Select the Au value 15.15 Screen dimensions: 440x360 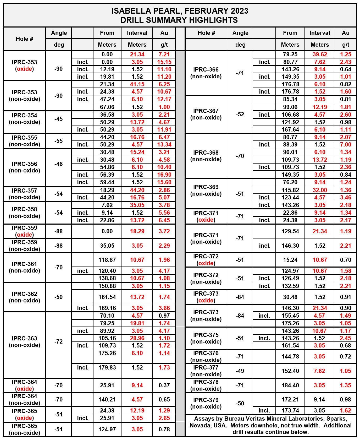[164, 62]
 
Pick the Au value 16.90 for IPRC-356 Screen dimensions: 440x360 [164, 175]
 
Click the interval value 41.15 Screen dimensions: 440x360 [137, 84]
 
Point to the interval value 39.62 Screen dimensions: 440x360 [320, 55]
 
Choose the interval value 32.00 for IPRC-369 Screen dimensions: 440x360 [320, 190]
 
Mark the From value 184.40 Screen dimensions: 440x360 [290, 385]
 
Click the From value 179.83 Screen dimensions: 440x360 [107, 367]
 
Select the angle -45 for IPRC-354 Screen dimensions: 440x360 [59, 119]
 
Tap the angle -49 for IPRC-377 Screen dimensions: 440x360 [240, 371]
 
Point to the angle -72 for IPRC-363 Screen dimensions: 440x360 [59, 341]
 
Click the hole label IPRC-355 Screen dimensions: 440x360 [24, 138]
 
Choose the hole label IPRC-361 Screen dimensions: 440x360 [24, 264]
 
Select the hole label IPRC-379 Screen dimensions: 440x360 [206, 400]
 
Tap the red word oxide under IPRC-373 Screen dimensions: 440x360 [206, 301]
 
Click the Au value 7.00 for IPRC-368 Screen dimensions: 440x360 [346, 145]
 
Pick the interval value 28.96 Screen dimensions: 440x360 [137, 338]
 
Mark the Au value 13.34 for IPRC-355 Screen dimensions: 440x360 [164, 145]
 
